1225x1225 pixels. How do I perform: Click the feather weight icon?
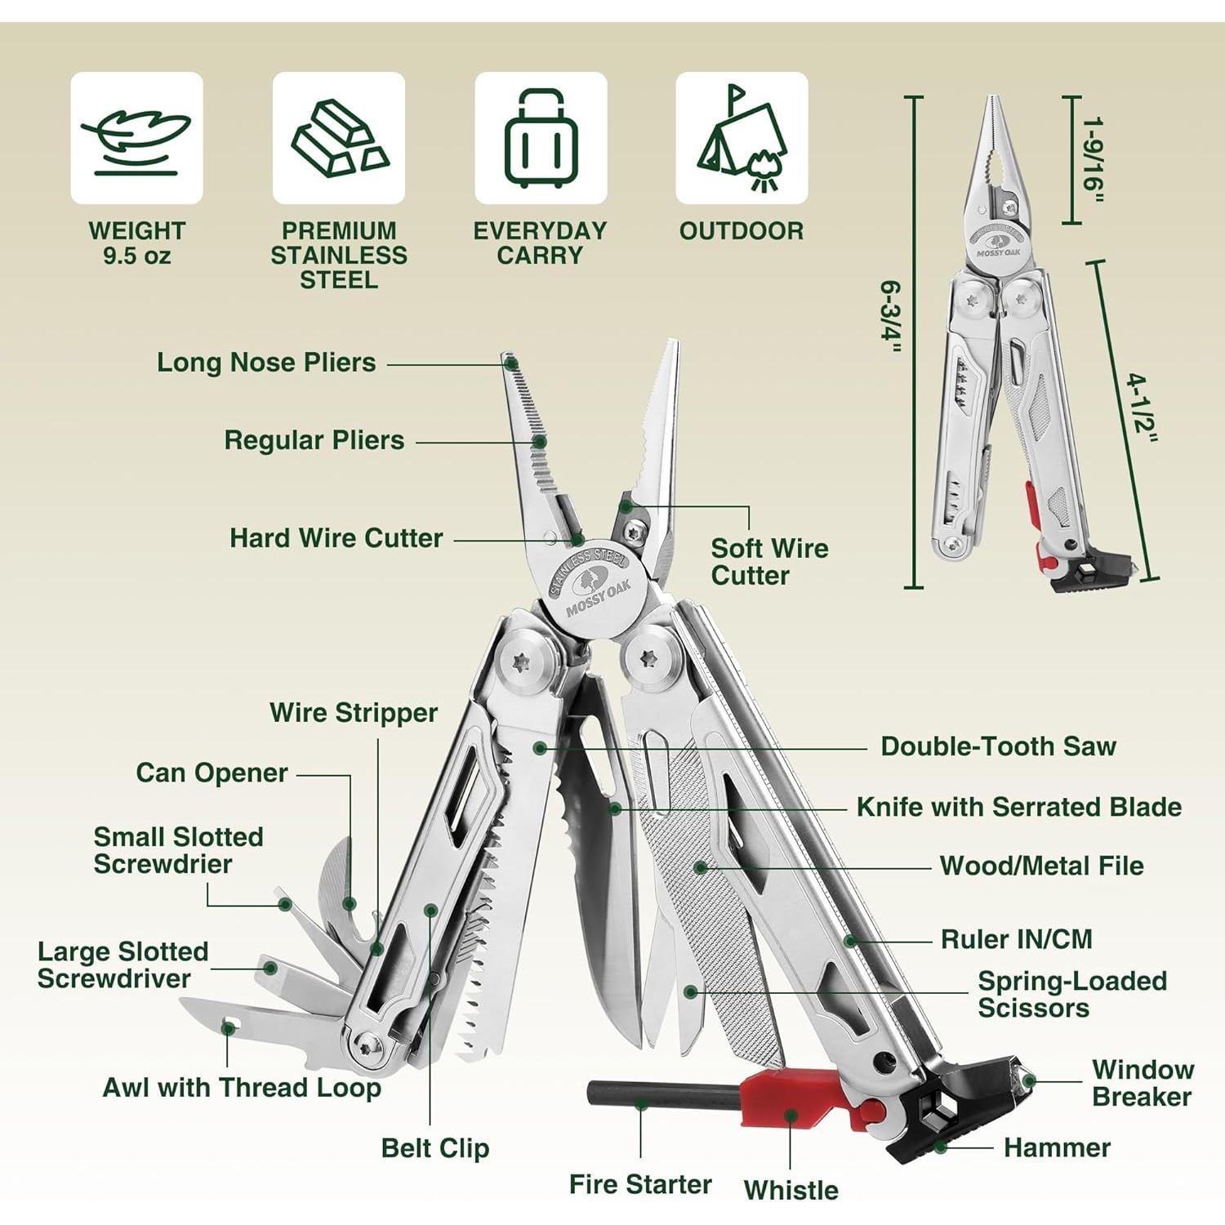tap(136, 138)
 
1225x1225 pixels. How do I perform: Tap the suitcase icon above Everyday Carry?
tap(541, 138)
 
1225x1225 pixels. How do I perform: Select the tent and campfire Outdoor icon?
tap(742, 138)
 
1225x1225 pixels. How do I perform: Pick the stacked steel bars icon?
tap(339, 138)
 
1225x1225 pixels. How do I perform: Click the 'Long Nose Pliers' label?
tap(266, 363)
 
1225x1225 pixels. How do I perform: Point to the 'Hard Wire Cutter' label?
tap(336, 538)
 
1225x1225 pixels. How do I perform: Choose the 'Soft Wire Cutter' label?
tap(768, 562)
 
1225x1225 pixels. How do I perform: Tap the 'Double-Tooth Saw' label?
tap(998, 746)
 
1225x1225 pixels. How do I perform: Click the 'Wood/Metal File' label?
tap(1041, 866)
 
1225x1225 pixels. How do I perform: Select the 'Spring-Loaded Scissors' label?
tap(1071, 994)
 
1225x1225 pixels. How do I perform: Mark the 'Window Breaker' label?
tap(1143, 1083)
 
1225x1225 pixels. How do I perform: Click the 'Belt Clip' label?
tap(435, 1148)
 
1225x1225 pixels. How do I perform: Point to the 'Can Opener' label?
tap(212, 773)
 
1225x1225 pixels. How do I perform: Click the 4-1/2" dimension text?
tap(1142, 408)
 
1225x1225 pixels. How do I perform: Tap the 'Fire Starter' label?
tap(640, 1184)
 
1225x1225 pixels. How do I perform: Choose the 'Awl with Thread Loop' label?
tap(242, 1088)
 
